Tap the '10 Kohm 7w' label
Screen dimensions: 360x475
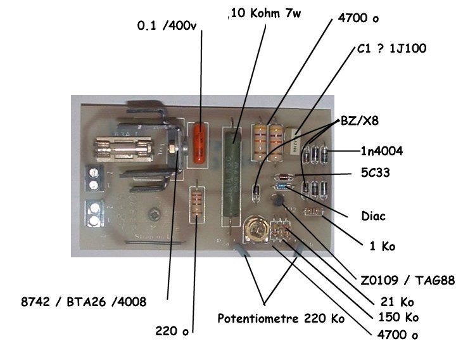[x=265, y=14]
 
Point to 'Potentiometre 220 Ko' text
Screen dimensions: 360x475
[x=281, y=318]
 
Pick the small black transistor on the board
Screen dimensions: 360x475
[x=277, y=202]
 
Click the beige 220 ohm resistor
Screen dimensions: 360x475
[x=198, y=205]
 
